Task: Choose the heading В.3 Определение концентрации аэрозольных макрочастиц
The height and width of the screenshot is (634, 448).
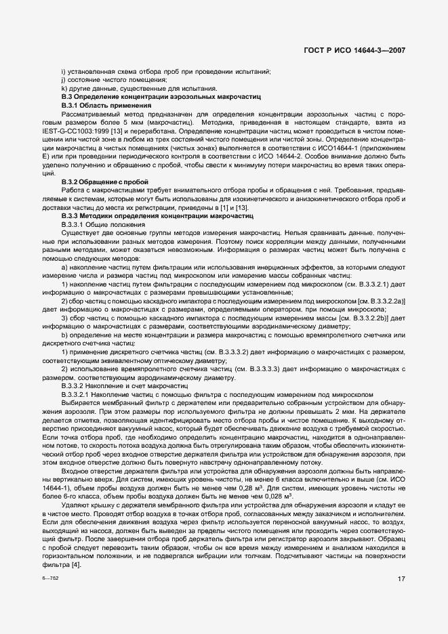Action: [x=160, y=98]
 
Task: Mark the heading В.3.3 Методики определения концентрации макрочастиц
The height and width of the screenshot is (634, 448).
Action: [x=157, y=215]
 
